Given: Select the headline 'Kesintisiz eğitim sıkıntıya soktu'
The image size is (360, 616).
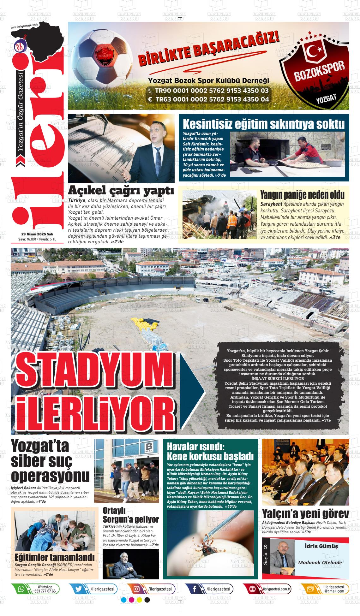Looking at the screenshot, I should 264,124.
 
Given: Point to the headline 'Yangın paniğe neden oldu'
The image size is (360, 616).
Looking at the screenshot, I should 302,194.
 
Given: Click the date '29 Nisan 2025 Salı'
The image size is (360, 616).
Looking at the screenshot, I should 37,234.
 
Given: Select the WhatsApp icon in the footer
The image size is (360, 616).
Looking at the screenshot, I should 21,589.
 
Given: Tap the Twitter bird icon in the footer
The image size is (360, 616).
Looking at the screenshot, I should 79,589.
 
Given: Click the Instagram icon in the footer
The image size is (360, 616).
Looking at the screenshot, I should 137,589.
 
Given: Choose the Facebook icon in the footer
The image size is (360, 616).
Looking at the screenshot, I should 195,589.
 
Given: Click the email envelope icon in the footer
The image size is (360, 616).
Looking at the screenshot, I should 310,589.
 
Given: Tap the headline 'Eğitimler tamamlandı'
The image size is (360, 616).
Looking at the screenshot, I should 55,556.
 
